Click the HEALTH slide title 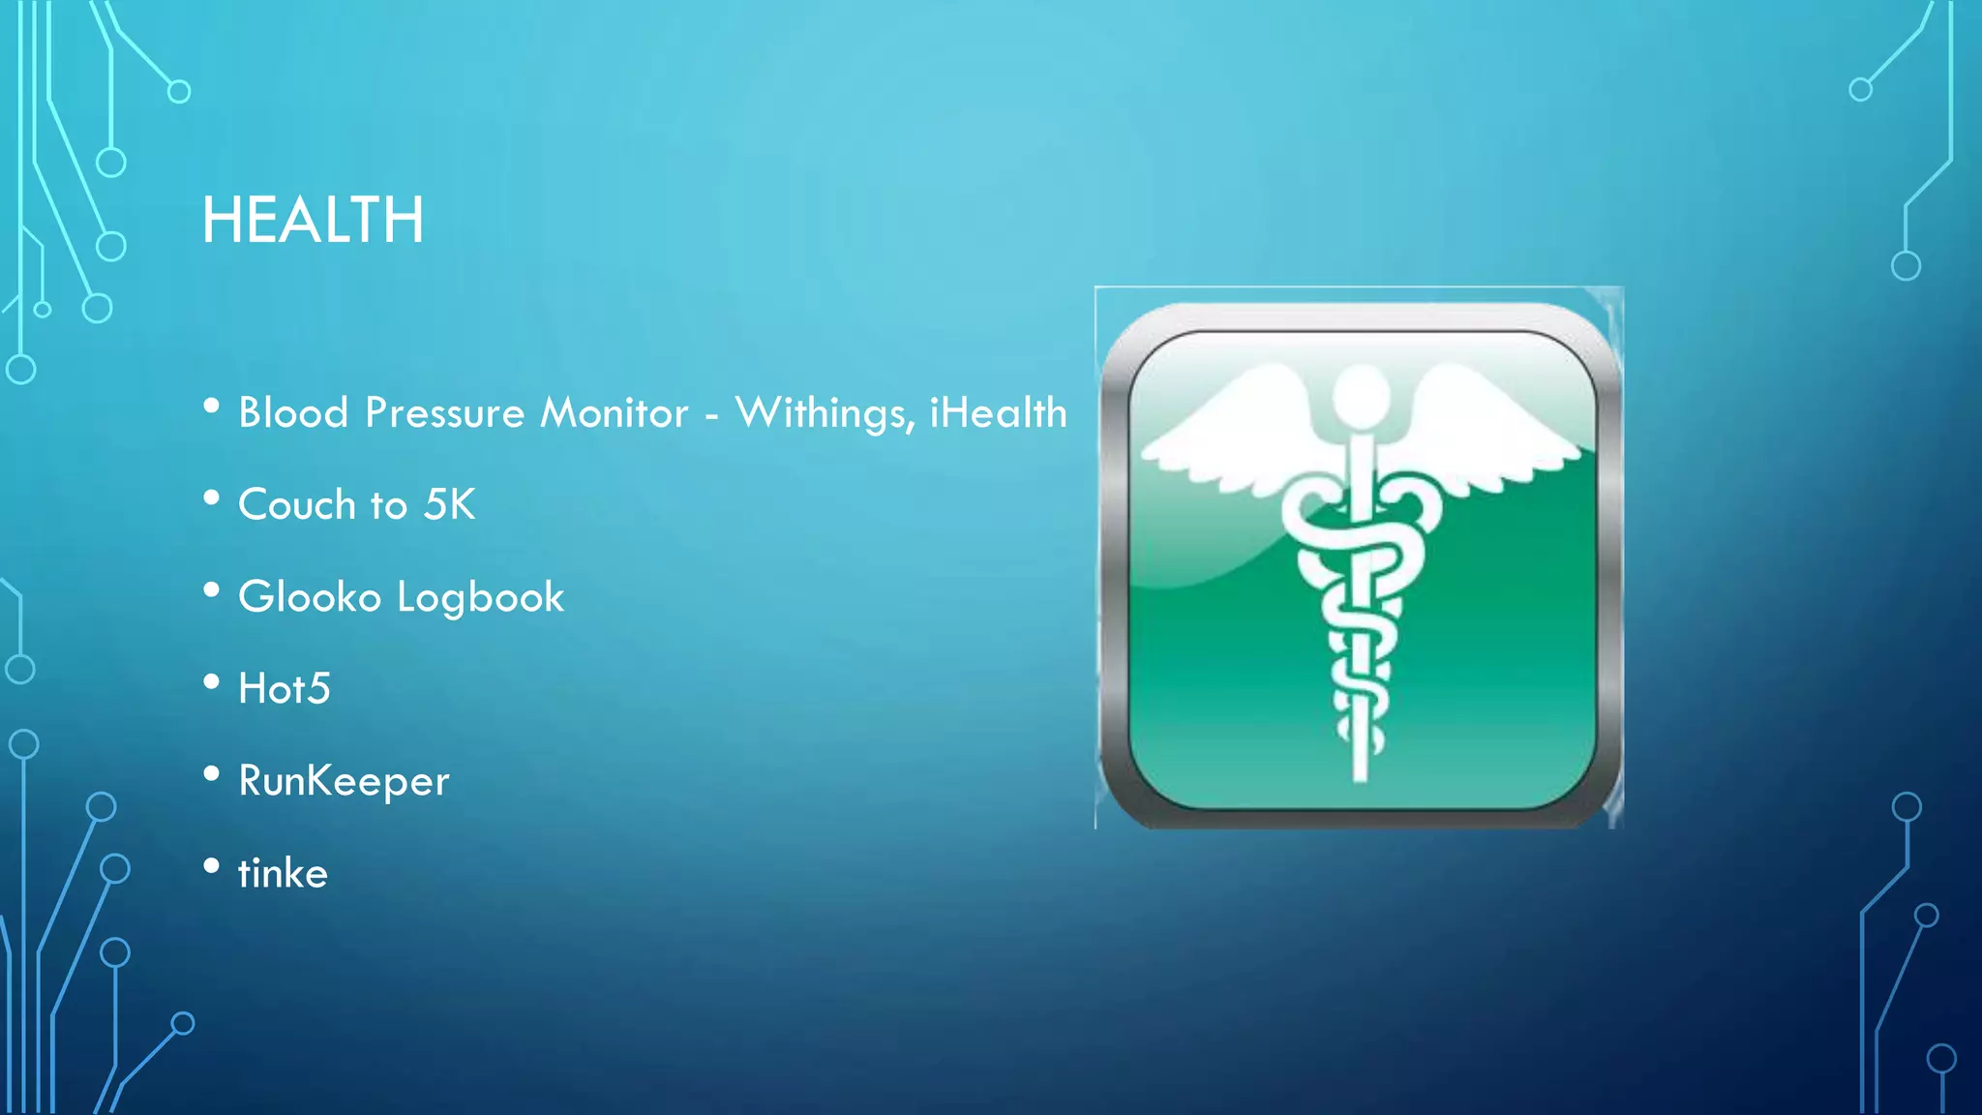coord(313,221)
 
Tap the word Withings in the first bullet coord(825,413)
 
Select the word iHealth coord(998,413)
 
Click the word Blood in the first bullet coord(293,413)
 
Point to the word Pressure coord(444,413)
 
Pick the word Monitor coord(615,413)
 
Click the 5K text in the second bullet coord(450,505)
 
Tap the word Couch coord(297,505)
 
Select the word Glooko coord(310,597)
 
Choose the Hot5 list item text coord(285,689)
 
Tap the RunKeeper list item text coord(344,781)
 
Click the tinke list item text coord(283,873)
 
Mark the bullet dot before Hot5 coord(212,681)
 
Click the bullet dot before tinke coord(212,865)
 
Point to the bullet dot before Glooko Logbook coord(212,589)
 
